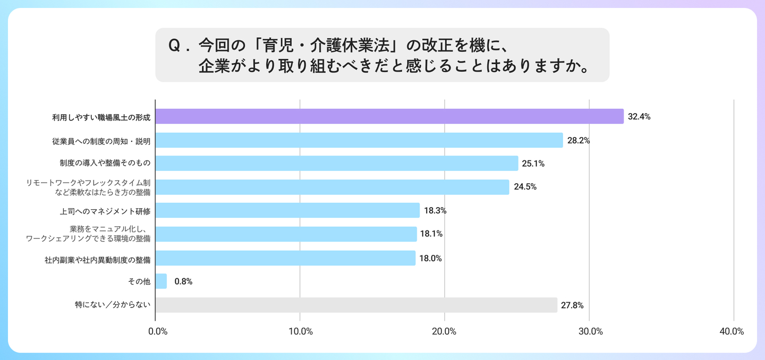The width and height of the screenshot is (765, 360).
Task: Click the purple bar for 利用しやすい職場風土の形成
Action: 389,116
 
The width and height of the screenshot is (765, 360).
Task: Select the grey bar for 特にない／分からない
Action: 356,305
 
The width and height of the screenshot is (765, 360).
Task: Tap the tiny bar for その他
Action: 161,281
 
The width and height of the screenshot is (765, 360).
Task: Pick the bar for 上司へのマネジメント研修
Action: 287,210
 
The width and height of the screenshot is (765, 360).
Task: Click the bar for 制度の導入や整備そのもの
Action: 337,164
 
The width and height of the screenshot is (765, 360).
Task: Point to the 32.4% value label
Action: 639,117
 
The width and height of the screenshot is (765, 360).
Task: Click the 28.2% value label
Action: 579,141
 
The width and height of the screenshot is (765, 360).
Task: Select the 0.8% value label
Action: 183,281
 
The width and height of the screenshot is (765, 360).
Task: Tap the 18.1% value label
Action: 431,234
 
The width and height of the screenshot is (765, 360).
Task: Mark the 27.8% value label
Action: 572,305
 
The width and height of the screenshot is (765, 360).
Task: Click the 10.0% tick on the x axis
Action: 301,331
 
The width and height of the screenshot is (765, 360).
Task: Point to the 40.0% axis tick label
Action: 732,331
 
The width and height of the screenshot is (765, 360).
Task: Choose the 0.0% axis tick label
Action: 158,331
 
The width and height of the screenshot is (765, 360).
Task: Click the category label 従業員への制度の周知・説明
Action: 101,141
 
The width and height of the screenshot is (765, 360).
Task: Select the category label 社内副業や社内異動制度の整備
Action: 98,260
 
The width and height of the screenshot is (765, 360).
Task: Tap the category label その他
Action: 139,281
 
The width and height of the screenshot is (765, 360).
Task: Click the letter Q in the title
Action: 174,46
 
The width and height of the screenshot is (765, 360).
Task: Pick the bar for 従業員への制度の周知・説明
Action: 359,140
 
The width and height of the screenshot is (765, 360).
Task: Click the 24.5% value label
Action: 525,187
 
